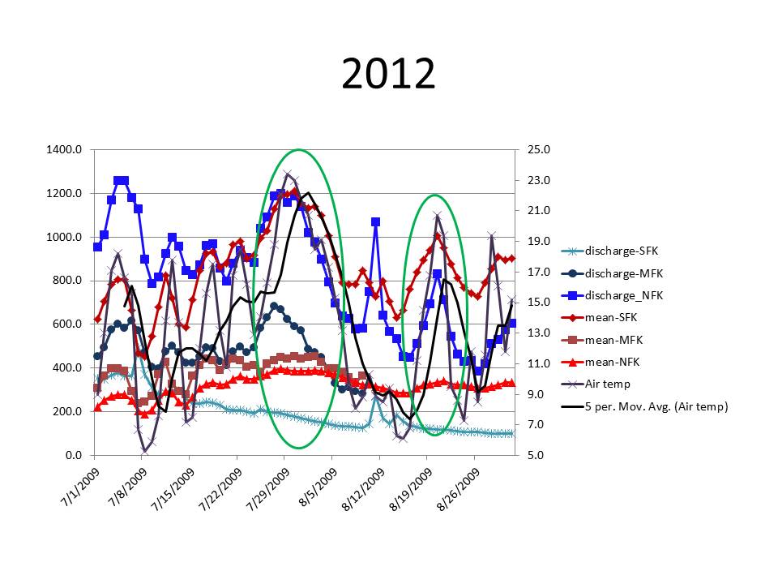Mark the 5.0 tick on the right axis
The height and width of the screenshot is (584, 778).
(x=535, y=455)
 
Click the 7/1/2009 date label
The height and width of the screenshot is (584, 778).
(x=79, y=485)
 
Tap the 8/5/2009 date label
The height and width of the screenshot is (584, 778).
(x=313, y=485)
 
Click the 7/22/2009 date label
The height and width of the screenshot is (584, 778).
(x=218, y=485)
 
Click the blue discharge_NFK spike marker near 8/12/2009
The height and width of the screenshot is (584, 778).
(x=375, y=221)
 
